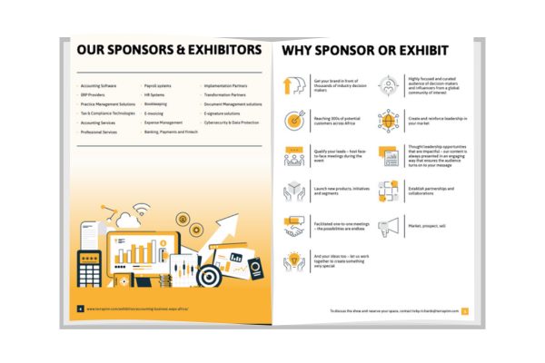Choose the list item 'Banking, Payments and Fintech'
(171, 132)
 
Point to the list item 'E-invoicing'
(155, 113)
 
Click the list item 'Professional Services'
(99, 132)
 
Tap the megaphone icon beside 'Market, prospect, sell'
(388, 226)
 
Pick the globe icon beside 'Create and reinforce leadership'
(388, 121)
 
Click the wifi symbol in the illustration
(142, 214)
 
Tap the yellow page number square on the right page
(464, 310)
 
